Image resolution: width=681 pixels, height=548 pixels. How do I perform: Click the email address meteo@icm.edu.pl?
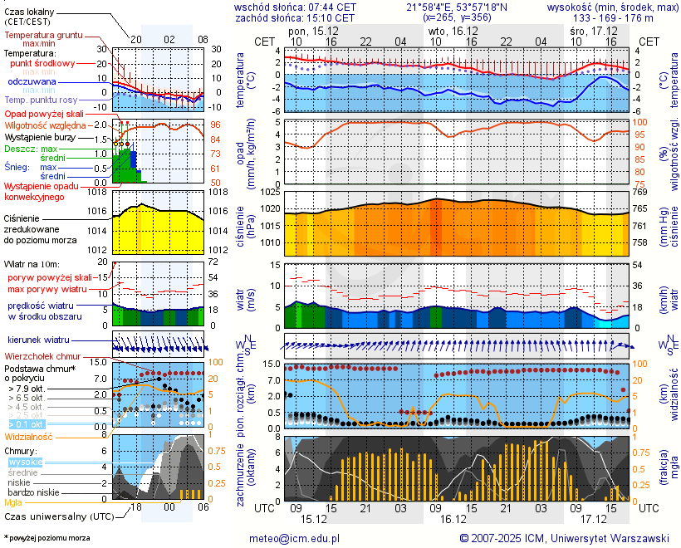click(295, 538)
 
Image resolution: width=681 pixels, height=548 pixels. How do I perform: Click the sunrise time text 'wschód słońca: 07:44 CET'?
click(296, 7)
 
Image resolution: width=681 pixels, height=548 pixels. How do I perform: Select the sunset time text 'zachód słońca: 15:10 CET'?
click(296, 17)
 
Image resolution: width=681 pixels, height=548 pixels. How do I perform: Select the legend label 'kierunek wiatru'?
click(38, 340)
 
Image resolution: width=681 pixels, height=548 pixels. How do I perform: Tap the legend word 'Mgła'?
click(13, 502)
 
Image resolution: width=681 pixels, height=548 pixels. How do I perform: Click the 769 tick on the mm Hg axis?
click(641, 193)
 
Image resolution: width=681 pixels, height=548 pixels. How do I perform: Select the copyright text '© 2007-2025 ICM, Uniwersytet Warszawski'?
click(564, 538)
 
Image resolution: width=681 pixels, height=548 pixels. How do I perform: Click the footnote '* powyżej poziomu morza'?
click(47, 538)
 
